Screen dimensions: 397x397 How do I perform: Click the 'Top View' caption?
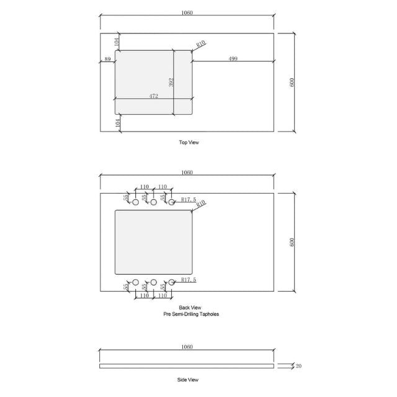pyautogui.click(x=189, y=143)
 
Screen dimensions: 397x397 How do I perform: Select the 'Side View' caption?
pyautogui.click(x=188, y=379)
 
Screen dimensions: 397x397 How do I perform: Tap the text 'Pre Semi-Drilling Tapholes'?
pyautogui.click(x=190, y=314)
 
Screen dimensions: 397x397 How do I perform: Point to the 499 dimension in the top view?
pyautogui.click(x=233, y=58)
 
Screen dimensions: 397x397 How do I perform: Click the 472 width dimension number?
pyautogui.click(x=154, y=96)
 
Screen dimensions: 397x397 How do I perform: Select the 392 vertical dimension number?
pyautogui.click(x=171, y=82)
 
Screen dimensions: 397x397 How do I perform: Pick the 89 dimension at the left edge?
pyautogui.click(x=108, y=59)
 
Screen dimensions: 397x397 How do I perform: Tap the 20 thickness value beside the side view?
pyautogui.click(x=298, y=366)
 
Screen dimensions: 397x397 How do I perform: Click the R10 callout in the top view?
pyautogui.click(x=200, y=44)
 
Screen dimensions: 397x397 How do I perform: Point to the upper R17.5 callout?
pyautogui.click(x=189, y=199)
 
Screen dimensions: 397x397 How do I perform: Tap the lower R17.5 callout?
pyautogui.click(x=189, y=280)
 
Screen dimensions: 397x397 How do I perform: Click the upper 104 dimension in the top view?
pyautogui.click(x=116, y=42)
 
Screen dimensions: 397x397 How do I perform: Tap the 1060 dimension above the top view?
pyautogui.click(x=187, y=12)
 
